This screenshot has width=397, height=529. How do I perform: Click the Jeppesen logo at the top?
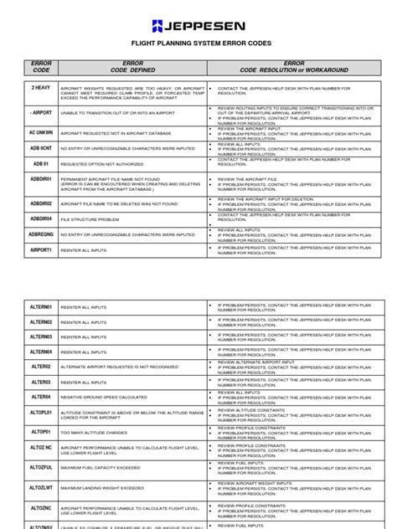click(198, 24)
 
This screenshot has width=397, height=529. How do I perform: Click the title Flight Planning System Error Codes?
click(198, 49)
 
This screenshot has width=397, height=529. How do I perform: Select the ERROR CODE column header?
click(42, 67)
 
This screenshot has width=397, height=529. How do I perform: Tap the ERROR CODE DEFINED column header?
click(132, 67)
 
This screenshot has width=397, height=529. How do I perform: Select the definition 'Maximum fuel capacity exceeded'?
click(101, 468)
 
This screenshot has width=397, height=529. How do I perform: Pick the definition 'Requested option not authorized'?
click(101, 163)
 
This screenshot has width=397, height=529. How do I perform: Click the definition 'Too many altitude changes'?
click(92, 432)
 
